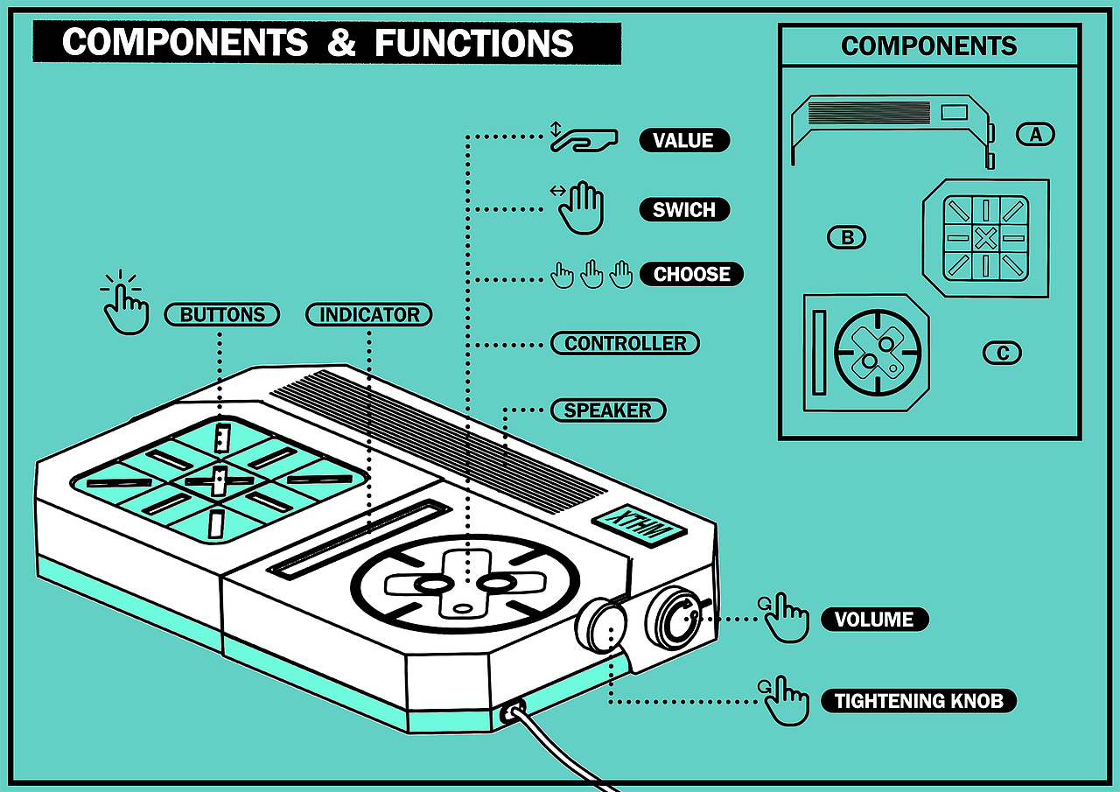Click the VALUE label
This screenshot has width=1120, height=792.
683,141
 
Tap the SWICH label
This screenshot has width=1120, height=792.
683,210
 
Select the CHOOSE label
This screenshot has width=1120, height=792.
691,274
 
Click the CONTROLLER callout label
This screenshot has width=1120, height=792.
625,343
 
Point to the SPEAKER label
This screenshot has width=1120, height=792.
607,410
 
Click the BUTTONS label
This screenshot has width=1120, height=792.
222,314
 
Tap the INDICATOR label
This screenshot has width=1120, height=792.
368,314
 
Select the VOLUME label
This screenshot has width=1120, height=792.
873,620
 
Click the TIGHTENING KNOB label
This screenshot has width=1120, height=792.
918,701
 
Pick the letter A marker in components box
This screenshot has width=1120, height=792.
1036,134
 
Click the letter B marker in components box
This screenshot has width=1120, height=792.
846,237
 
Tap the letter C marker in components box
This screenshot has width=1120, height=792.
1002,353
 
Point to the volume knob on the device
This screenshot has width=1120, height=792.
675,619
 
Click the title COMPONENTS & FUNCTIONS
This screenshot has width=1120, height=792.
318,42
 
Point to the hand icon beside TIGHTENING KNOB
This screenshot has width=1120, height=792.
785,700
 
